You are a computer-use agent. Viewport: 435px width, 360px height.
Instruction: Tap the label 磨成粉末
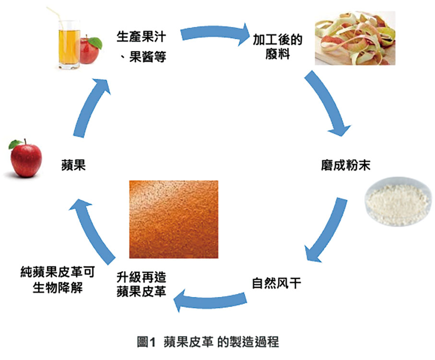point(346,166)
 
